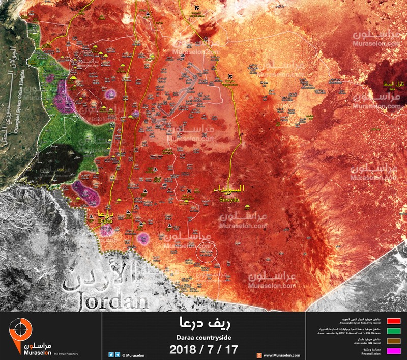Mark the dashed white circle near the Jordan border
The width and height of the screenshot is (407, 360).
point(207,253)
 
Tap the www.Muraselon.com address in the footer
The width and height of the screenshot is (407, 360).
point(281,355)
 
